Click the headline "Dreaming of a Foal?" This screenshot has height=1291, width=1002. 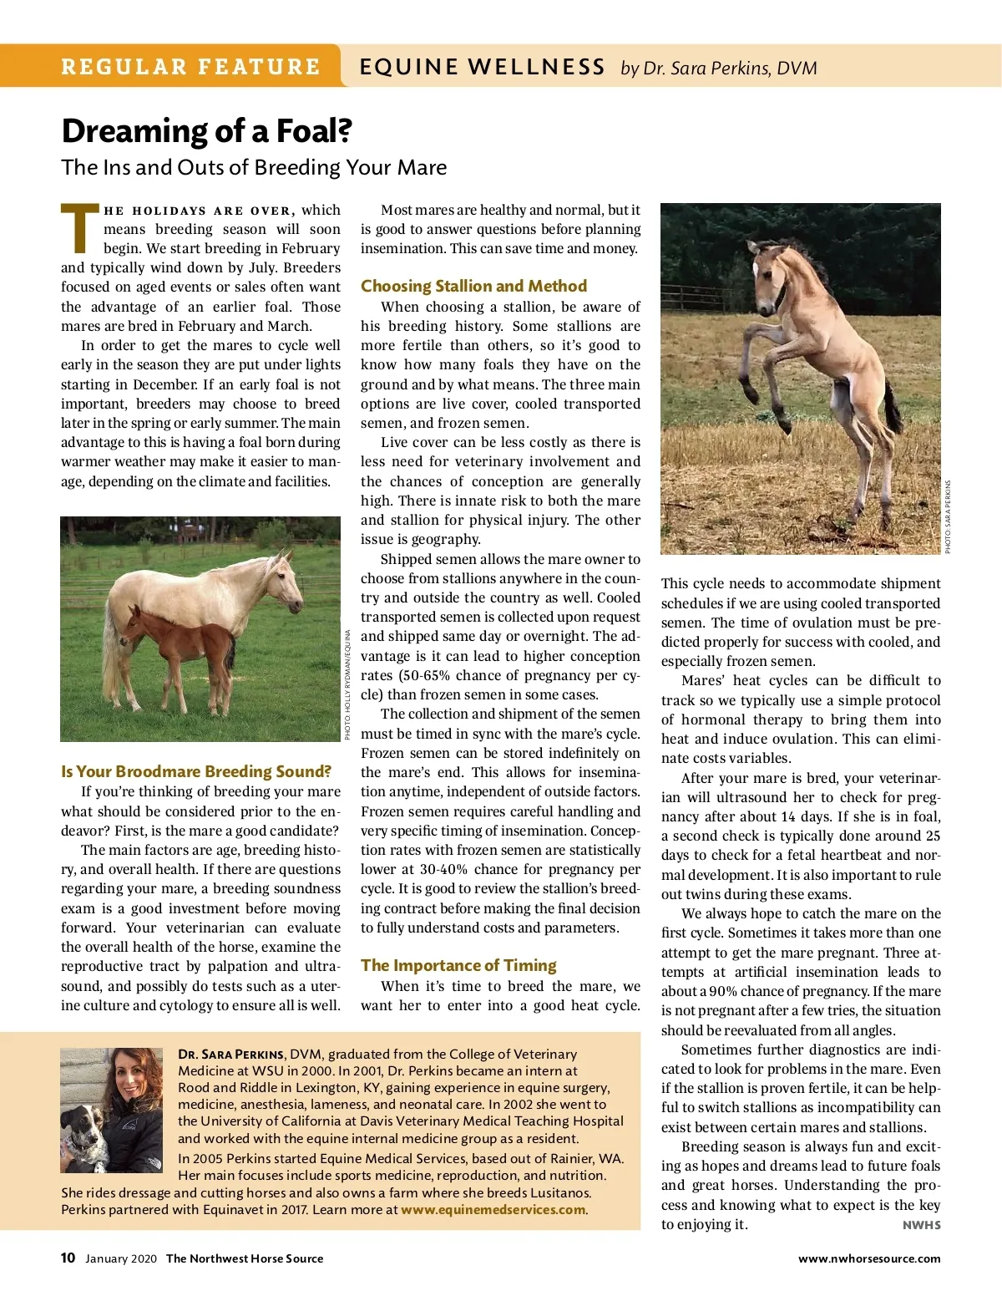click(206, 131)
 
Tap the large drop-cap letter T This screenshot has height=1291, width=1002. click(80, 228)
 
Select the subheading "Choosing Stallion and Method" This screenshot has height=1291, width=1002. click(473, 286)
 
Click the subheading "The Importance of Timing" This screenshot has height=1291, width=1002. click(458, 965)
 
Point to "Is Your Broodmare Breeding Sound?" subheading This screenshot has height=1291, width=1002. click(196, 771)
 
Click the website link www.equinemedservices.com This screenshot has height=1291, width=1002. click(493, 1209)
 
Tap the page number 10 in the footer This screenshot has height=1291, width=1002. click(68, 1258)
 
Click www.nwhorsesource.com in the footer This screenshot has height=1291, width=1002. click(868, 1258)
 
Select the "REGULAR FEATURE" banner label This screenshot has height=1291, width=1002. click(190, 67)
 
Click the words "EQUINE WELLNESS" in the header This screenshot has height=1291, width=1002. click(482, 67)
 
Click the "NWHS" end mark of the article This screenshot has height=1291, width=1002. click(921, 1225)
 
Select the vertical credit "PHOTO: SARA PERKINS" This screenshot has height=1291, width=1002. click(948, 516)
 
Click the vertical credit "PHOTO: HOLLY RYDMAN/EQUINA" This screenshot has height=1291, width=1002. click(347, 684)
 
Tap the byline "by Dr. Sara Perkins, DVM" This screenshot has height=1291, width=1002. click(718, 68)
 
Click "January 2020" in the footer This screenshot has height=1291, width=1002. click(120, 1258)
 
